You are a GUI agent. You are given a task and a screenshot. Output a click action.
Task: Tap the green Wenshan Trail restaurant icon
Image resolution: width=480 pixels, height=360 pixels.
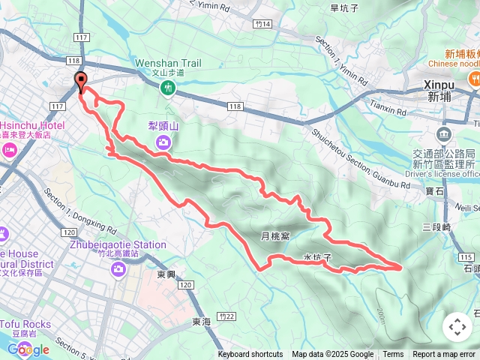168,88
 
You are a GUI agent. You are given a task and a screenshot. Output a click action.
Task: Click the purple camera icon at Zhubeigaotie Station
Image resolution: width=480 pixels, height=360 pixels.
119,270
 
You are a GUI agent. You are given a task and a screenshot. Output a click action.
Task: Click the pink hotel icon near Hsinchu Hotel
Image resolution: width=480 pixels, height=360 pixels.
10,150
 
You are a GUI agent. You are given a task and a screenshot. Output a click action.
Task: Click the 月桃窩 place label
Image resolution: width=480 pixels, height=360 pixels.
274,235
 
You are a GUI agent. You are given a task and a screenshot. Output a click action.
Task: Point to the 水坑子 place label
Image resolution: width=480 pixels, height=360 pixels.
317,256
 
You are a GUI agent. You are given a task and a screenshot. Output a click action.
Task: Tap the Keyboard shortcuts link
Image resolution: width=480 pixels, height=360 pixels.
250,355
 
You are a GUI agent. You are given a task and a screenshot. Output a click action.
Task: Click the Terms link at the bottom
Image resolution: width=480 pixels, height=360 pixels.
393,355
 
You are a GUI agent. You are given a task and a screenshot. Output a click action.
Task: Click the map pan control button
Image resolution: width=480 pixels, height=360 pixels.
457,327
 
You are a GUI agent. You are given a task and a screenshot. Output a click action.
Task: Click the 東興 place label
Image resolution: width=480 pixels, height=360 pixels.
166,274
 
